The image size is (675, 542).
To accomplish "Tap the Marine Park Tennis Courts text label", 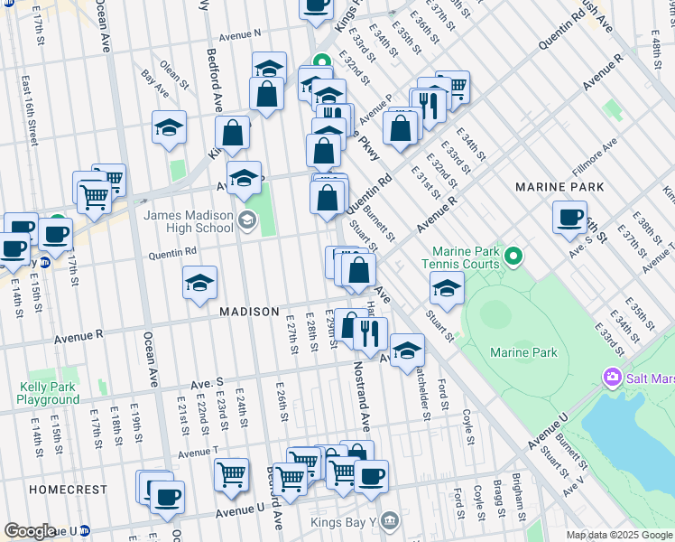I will coord(465,257).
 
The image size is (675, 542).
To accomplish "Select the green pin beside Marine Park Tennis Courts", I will coord(513,257).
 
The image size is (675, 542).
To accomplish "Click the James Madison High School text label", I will coord(189,221).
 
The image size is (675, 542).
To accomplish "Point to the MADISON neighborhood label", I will coord(249,311).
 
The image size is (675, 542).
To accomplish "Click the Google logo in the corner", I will coord(30,531).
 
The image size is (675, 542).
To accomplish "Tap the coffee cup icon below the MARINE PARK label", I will coord(570,217).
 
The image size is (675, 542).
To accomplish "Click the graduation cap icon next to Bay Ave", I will coord(169,128).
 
